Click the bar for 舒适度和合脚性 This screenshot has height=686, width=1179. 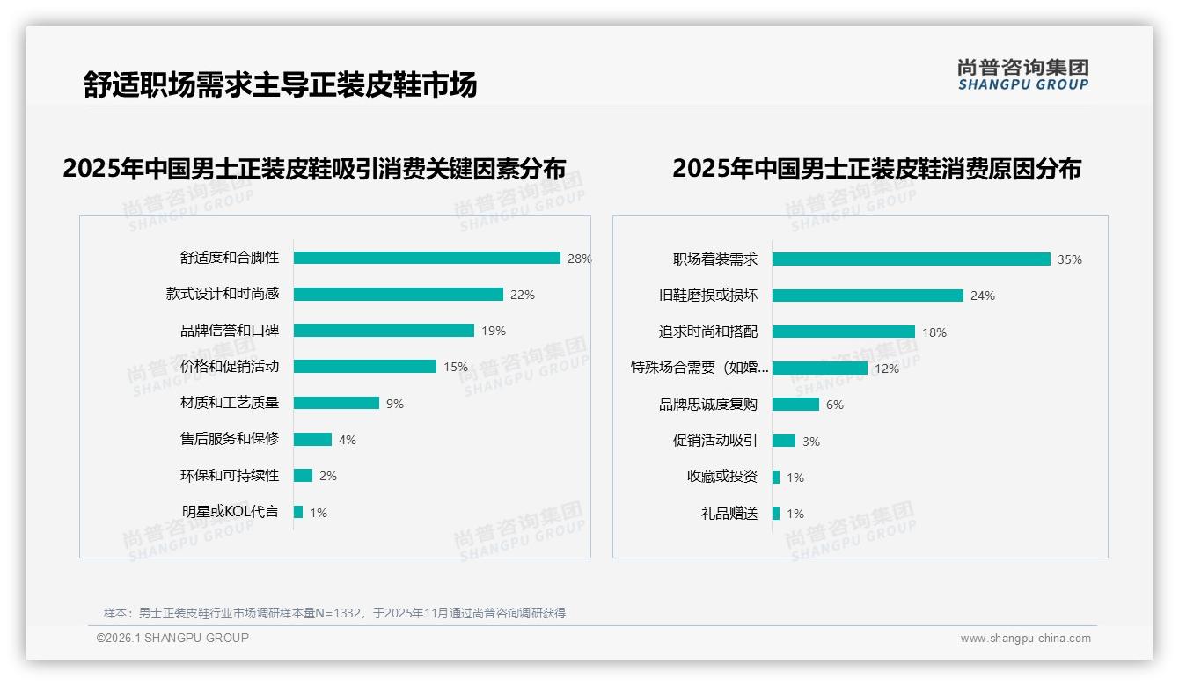427,258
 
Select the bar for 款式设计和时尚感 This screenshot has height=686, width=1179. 398,295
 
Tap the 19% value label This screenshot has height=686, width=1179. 494,332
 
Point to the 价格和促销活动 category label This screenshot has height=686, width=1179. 230,367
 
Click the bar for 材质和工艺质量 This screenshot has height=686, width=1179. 336,403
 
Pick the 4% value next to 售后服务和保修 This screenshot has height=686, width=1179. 348,440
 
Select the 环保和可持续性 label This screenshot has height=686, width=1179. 230,476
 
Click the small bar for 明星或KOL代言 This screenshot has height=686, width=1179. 298,512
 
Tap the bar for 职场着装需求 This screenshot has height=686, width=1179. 911,259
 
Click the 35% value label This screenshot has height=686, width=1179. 1070,260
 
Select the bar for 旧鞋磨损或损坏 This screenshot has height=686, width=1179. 868,296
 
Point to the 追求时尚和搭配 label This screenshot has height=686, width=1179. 708,332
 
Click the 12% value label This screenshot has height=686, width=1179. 887,369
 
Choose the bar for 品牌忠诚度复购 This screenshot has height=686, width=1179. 795,405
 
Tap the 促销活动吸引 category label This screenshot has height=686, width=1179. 715,441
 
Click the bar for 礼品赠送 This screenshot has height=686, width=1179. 776,514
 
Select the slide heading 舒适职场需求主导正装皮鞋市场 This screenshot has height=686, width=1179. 281,85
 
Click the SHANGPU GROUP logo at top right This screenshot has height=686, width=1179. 1023,75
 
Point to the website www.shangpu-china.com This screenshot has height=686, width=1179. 1025,639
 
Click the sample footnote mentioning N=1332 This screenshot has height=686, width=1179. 334,613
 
